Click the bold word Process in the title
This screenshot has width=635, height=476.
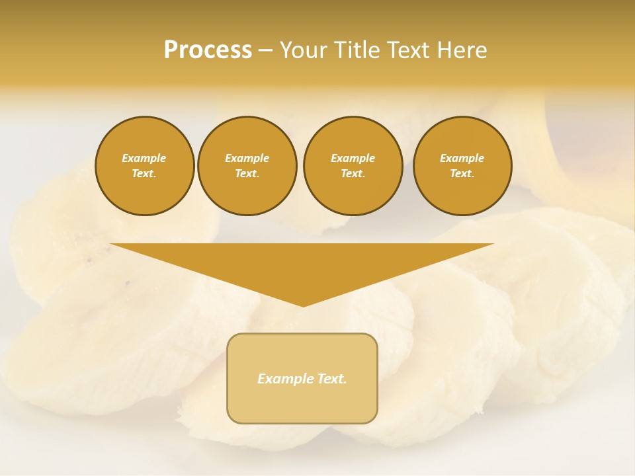pyautogui.click(x=208, y=50)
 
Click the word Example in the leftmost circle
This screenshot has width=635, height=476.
pyautogui.click(x=144, y=158)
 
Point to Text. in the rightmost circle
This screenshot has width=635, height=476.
pyautogui.click(x=462, y=173)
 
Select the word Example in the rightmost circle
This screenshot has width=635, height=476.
pyautogui.click(x=462, y=158)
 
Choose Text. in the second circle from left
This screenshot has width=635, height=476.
pyautogui.click(x=247, y=173)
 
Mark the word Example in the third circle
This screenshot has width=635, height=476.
pyautogui.click(x=353, y=158)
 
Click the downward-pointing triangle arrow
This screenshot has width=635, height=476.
pyautogui.click(x=302, y=264)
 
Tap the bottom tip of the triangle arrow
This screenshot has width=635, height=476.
pyautogui.click(x=303, y=305)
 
